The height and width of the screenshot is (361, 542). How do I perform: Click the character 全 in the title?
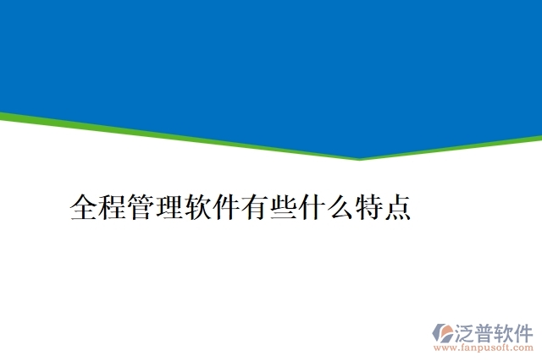pyautogui.click(x=85, y=207)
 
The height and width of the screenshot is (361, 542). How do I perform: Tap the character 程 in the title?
pyautogui.click(x=113, y=207)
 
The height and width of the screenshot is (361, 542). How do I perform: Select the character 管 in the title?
pyautogui.click(x=141, y=207)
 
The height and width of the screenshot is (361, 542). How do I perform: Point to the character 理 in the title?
pyautogui.click(x=169, y=207)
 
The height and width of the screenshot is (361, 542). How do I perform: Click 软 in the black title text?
pyautogui.click(x=198, y=207)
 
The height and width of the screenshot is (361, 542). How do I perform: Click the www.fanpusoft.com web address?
pyautogui.click(x=484, y=347)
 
